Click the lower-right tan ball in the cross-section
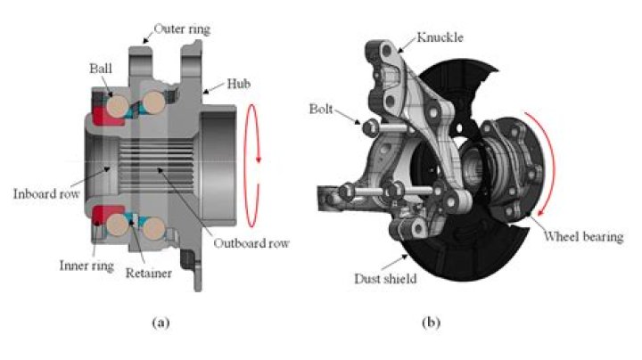pos(153,229)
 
